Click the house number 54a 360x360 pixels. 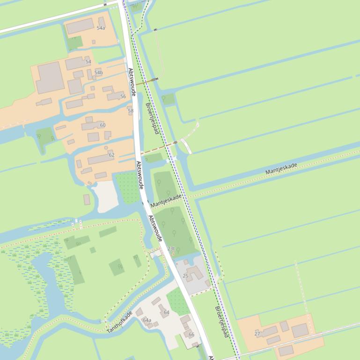tap(101, 28)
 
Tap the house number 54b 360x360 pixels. tap(98, 72)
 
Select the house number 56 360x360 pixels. tap(123, 96)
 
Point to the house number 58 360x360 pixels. tap(131, 111)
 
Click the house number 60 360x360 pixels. tap(103, 125)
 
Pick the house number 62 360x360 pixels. tap(111, 155)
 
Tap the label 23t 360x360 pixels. tap(171, 249)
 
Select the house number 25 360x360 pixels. tap(185, 276)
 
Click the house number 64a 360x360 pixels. tap(147, 320)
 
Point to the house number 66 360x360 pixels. tap(191, 335)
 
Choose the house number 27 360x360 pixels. tap(257, 334)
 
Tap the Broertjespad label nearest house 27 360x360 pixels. tap(221, 322)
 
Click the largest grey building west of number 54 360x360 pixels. tap(50, 78)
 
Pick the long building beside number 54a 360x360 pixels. tap(80, 27)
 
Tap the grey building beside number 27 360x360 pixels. tap(300, 331)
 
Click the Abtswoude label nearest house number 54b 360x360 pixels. tap(132, 82)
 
